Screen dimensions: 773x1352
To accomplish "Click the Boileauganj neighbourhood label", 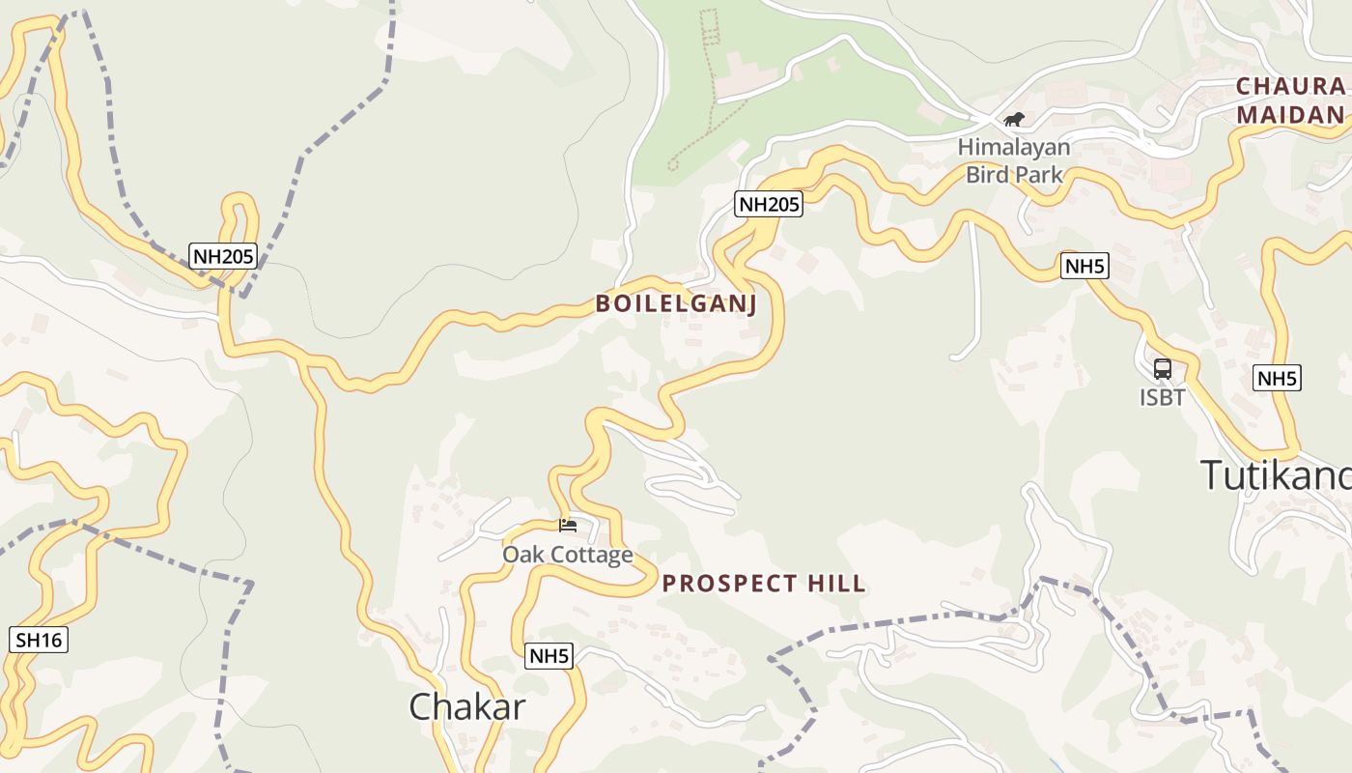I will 676,303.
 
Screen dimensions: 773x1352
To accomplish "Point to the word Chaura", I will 1290,86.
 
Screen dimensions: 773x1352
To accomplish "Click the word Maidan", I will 1290,115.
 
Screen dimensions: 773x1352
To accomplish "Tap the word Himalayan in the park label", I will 1014,148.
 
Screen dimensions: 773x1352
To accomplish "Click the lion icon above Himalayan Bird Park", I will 1014,120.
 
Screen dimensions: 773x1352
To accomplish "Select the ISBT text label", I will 1162,397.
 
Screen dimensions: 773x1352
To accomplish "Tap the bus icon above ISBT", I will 1163,369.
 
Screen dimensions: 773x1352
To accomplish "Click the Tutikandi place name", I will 1275,475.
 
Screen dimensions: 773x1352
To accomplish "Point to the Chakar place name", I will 467,706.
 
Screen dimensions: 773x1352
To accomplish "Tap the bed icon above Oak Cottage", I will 568,526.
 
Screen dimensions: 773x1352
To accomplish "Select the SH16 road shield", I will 39,640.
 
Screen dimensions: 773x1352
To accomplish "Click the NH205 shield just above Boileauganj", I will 769,204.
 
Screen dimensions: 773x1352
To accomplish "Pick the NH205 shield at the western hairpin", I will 223,256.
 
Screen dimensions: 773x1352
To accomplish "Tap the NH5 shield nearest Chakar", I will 549,656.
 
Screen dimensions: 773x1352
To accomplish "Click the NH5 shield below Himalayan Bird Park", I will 1084,267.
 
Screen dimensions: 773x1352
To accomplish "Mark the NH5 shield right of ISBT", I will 1277,378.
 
